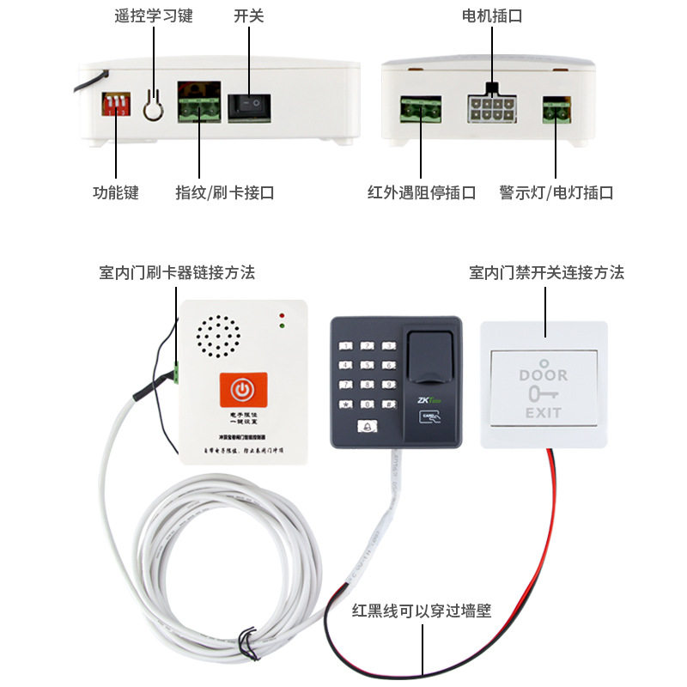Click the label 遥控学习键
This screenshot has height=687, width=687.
point(154,16)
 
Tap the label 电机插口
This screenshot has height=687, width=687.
point(492,16)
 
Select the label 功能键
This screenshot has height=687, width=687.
point(116,193)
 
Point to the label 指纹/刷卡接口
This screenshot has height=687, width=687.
point(225,193)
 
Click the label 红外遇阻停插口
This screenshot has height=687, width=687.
point(421,193)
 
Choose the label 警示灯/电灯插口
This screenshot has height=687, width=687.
point(556,193)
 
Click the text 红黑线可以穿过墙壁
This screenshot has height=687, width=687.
point(422,611)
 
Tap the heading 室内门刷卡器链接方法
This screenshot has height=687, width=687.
point(177,273)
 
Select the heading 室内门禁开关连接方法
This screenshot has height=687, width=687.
point(546,273)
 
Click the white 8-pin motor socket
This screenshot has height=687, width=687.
point(491,110)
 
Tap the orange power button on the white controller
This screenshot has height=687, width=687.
point(244,392)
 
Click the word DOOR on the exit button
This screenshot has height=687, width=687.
point(544,374)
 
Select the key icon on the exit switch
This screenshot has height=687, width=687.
point(544,394)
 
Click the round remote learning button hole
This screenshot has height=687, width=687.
point(153,106)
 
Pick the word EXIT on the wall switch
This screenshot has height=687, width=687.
point(544,413)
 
